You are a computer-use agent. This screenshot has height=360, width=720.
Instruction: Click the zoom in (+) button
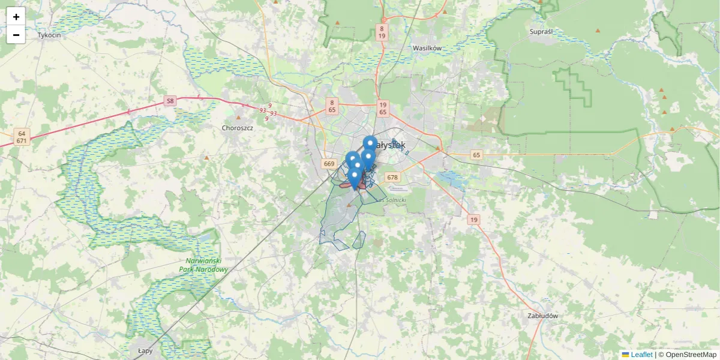16,17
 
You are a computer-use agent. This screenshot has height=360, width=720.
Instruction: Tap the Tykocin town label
49,35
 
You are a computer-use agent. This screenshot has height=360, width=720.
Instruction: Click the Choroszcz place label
238,128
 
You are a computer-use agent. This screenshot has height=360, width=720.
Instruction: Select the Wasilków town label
427,47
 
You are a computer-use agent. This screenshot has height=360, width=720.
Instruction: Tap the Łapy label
146,350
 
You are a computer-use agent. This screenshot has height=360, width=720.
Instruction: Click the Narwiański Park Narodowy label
205,265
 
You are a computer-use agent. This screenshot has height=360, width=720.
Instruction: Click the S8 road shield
170,101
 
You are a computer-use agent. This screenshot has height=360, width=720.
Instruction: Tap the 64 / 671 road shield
22,137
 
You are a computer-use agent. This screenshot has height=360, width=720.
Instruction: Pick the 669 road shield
328,164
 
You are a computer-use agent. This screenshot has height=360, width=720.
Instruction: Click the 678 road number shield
392,177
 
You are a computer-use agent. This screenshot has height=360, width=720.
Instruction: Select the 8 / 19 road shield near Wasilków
382,32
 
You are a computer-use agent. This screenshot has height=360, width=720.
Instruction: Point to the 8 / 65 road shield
332,106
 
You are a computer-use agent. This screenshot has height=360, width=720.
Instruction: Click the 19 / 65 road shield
383,108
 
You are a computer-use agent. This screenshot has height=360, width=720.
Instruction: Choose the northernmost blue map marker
370,144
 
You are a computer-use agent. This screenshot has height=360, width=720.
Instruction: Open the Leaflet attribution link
641,355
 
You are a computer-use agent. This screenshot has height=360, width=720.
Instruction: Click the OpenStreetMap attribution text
691,355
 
